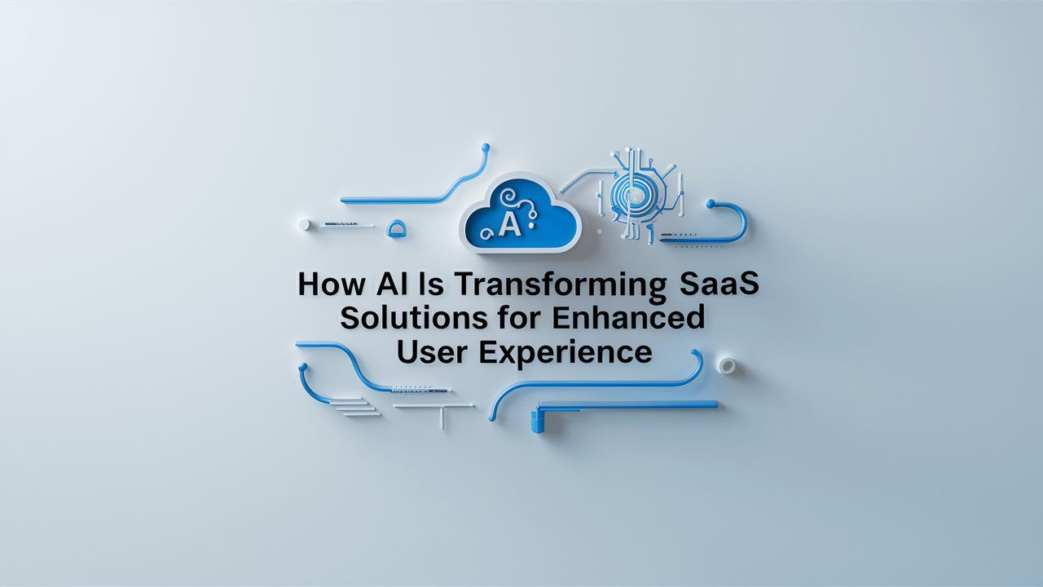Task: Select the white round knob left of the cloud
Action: (304, 224)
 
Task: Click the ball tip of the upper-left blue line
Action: (486, 148)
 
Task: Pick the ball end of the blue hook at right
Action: (711, 204)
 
